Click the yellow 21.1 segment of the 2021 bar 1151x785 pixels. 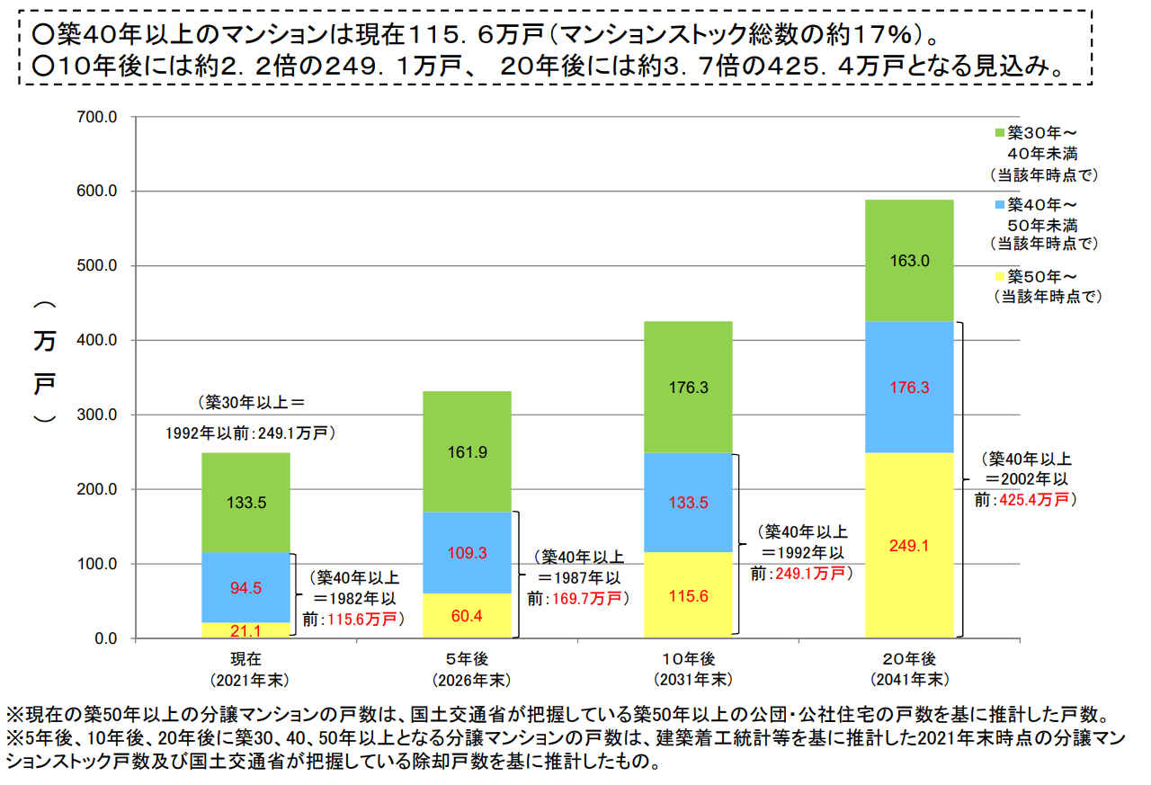click(x=245, y=630)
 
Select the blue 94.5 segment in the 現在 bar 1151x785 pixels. click(x=245, y=588)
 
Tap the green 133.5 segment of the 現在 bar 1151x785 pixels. click(x=245, y=503)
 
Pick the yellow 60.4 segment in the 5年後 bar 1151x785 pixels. click(x=467, y=616)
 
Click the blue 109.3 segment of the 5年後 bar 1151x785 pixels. click(x=467, y=553)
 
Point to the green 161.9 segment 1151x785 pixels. click(x=467, y=451)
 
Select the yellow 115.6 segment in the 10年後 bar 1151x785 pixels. click(x=688, y=595)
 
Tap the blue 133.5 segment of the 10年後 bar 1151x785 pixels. click(x=688, y=503)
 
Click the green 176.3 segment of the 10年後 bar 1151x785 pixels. click(x=688, y=388)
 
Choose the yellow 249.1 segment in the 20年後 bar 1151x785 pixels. click(x=909, y=545)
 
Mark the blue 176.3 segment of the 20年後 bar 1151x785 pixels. click(x=909, y=388)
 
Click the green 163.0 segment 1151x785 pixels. click(x=909, y=261)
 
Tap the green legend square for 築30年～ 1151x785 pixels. click(x=999, y=133)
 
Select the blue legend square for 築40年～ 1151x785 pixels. click(x=999, y=204)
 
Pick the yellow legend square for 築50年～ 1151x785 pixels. click(x=999, y=276)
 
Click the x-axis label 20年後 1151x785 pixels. click(x=909, y=657)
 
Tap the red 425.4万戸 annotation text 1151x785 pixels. click(x=1036, y=499)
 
